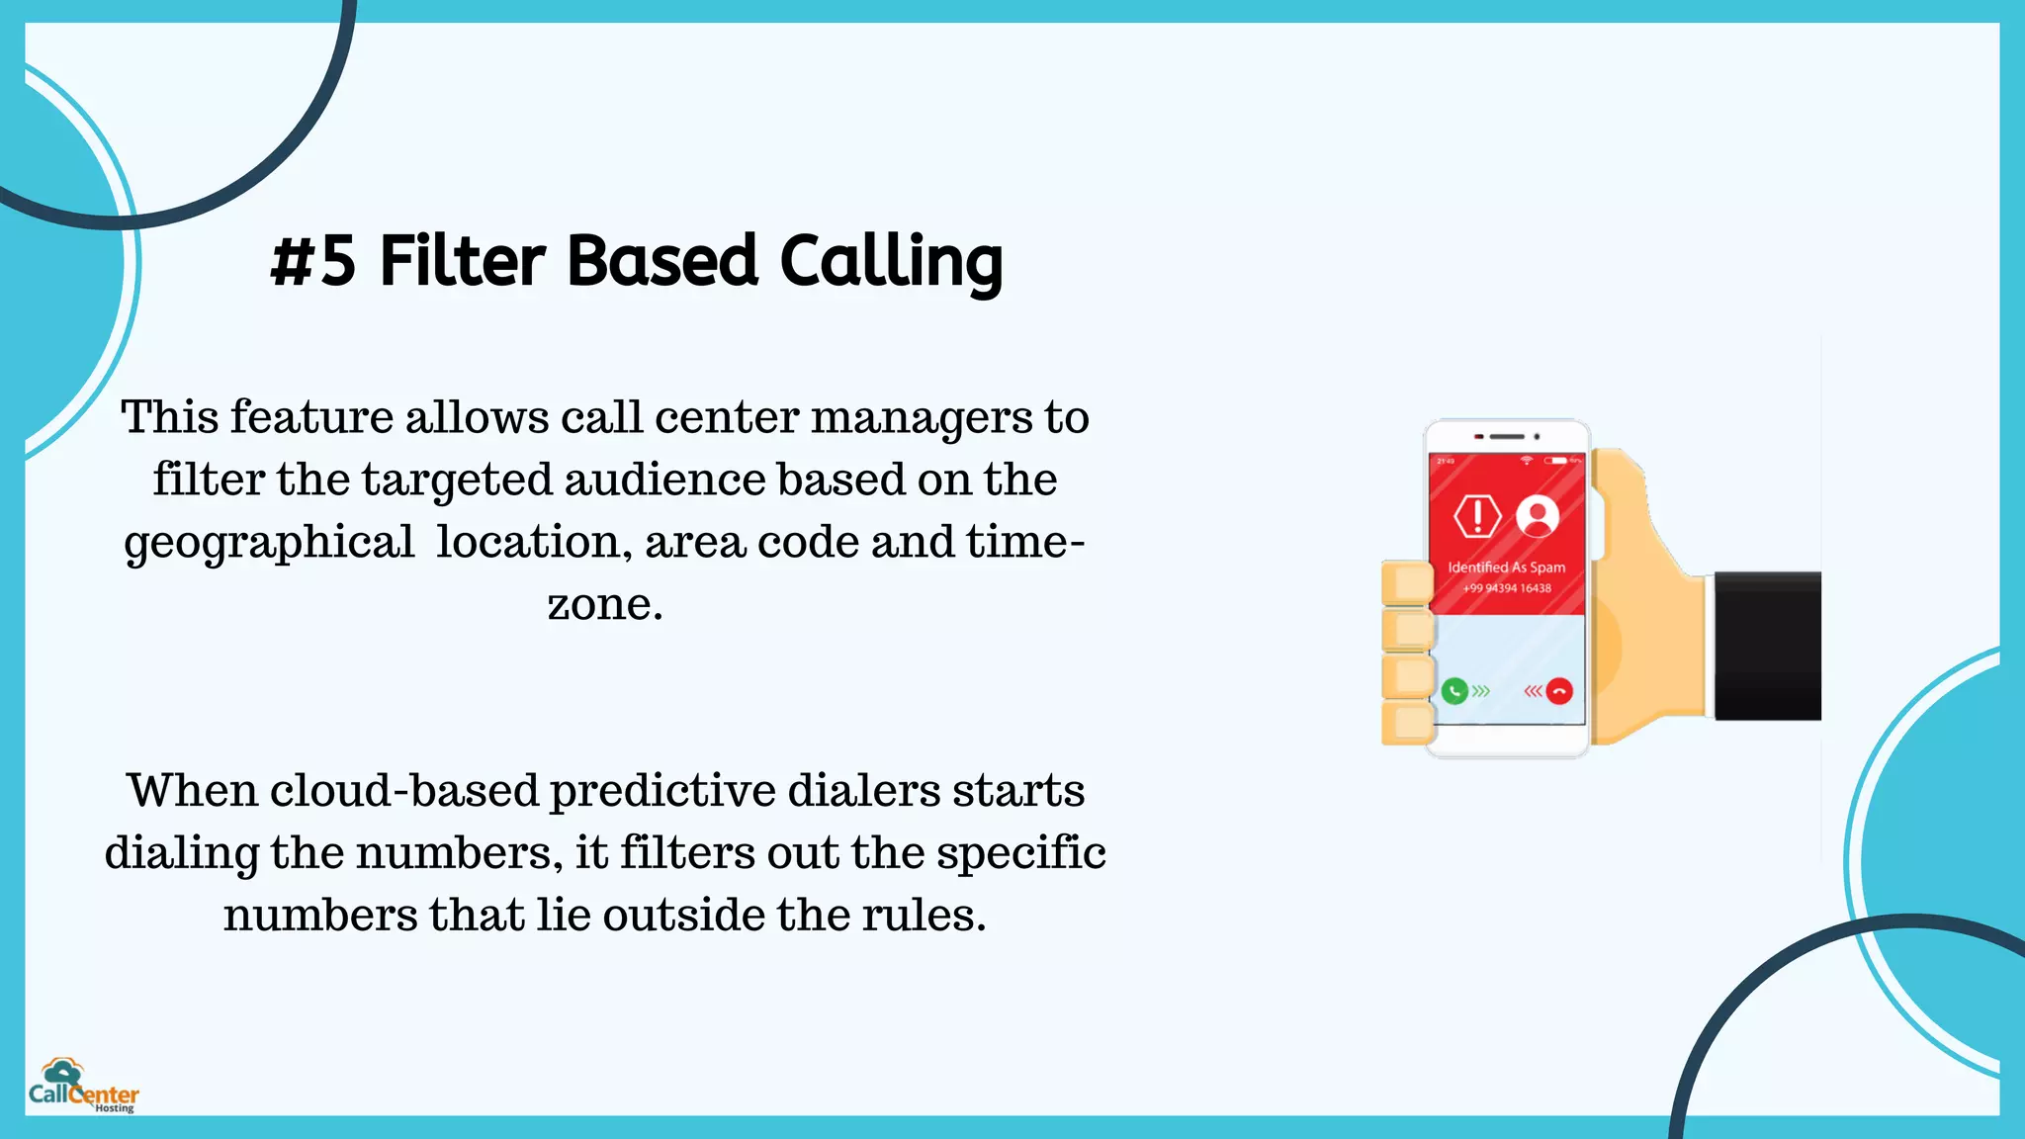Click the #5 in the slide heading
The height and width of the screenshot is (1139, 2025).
pyautogui.click(x=312, y=262)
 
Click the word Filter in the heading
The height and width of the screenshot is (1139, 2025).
pyautogui.click(x=462, y=262)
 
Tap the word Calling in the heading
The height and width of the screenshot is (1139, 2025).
pyautogui.click(x=891, y=262)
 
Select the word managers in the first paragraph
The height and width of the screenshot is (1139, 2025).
pyautogui.click(x=922, y=418)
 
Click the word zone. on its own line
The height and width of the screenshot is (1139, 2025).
pyautogui.click(x=605, y=604)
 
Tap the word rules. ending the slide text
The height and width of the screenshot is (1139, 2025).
pyautogui.click(x=924, y=916)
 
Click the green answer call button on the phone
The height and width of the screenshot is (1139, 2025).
pyautogui.click(x=1454, y=690)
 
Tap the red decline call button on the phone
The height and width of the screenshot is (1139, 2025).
pyautogui.click(x=1559, y=690)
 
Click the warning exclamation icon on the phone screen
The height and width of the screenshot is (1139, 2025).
pyautogui.click(x=1477, y=515)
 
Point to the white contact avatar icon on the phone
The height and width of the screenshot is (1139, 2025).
pyautogui.click(x=1538, y=515)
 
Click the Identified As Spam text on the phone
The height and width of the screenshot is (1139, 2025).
pyautogui.click(x=1506, y=568)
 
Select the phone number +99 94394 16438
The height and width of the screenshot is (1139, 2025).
pyautogui.click(x=1507, y=588)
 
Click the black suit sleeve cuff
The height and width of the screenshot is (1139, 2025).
pyautogui.click(x=1767, y=645)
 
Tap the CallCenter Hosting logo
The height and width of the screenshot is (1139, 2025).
pyautogui.click(x=83, y=1087)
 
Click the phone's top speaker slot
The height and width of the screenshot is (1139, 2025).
pyautogui.click(x=1507, y=436)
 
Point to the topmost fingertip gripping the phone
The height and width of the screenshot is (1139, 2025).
pyautogui.click(x=1406, y=582)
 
